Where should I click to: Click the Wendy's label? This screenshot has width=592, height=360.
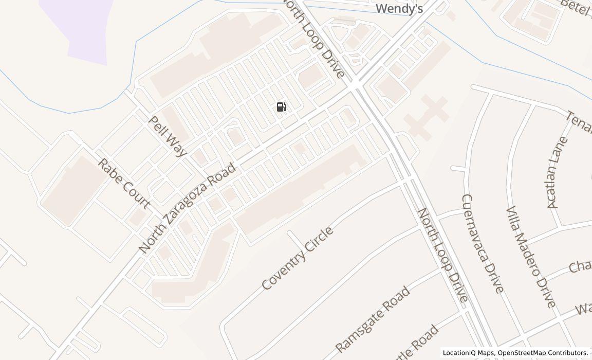[x=399, y=8]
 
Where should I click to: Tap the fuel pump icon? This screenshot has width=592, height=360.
[x=281, y=107]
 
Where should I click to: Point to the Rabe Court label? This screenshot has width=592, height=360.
[x=124, y=184]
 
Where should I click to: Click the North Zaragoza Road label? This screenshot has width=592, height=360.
[x=188, y=208]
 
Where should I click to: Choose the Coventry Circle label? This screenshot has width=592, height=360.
[x=298, y=258]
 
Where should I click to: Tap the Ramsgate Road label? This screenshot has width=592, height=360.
[x=373, y=318]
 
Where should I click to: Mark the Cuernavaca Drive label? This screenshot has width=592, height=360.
[x=482, y=243]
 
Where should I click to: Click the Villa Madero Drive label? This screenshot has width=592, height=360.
[x=530, y=257]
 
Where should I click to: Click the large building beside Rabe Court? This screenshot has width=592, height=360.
[x=72, y=191]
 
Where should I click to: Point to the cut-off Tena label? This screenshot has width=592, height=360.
[x=579, y=122]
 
